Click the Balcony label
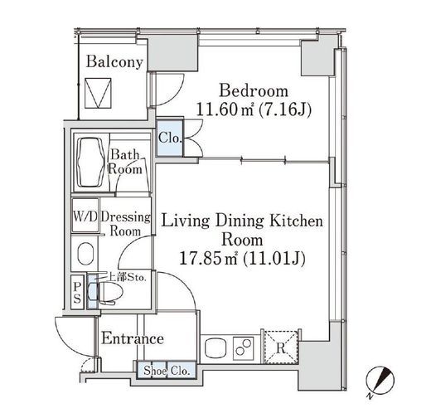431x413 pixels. pyautogui.click(x=114, y=62)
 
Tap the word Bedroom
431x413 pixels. pyautogui.click(x=254, y=90)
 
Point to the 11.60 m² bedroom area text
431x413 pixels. pyautogui.click(x=254, y=109)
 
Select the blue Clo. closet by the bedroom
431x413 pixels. pyautogui.click(x=170, y=138)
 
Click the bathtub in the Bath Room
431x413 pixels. pyautogui.click(x=90, y=163)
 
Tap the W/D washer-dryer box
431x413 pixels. pyautogui.click(x=85, y=216)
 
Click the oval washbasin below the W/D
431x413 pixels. pyautogui.click(x=85, y=254)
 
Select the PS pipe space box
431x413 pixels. pyautogui.click(x=77, y=292)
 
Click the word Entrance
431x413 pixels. pyautogui.click(x=133, y=338)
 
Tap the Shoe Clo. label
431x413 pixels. pyautogui.click(x=167, y=371)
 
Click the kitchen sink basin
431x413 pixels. pyautogui.click(x=215, y=348)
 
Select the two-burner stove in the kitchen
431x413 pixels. pyautogui.click(x=244, y=348)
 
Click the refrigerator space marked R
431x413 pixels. pyautogui.click(x=280, y=347)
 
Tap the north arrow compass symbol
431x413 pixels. pyautogui.click(x=380, y=381)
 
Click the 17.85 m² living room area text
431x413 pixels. pyautogui.click(x=242, y=259)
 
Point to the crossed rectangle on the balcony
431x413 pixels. pyautogui.click(x=98, y=93)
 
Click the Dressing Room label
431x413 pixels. pyautogui.click(x=126, y=224)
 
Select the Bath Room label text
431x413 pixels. pyautogui.click(x=125, y=162)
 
